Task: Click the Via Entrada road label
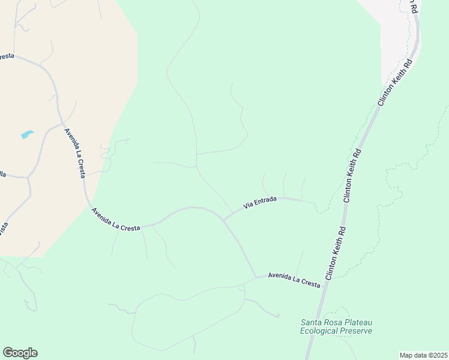260,202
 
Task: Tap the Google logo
20,353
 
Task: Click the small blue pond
27,134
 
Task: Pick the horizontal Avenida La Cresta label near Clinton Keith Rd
294,280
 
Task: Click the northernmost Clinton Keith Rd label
395,82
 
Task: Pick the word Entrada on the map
266,200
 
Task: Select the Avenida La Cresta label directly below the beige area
116,220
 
